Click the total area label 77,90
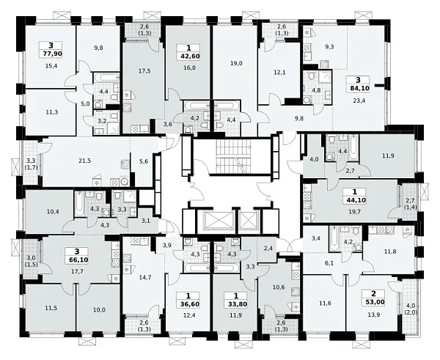point(51,54)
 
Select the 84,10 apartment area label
point(359,89)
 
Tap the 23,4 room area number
point(359,100)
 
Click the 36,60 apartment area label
point(188,304)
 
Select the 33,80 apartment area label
point(236,304)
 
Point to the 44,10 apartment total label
point(354,200)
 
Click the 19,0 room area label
point(236,63)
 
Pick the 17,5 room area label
point(145,71)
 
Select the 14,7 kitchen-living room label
point(146,277)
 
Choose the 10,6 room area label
point(279,287)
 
